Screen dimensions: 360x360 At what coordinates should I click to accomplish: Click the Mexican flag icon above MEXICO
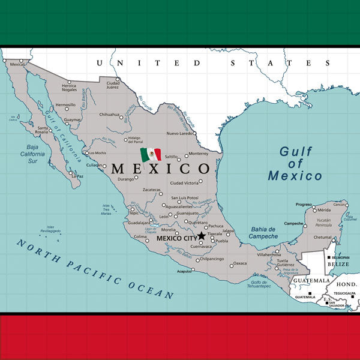coord(151,155)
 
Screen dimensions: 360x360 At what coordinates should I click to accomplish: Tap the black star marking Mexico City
coord(202,236)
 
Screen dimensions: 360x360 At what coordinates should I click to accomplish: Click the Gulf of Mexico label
coord(295,163)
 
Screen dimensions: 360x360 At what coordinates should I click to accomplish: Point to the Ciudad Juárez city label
coord(113,85)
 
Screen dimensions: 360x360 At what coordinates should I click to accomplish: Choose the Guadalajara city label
coord(139,223)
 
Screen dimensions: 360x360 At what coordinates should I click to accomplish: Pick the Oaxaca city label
coord(240,263)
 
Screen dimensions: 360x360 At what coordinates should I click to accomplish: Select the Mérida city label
coord(324,211)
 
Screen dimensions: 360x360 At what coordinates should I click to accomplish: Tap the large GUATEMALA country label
coord(311,280)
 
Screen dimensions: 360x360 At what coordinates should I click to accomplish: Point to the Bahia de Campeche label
coord(263,233)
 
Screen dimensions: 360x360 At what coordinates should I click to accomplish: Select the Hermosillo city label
coord(65,104)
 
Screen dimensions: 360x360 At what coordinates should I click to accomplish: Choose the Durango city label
coord(125,179)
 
